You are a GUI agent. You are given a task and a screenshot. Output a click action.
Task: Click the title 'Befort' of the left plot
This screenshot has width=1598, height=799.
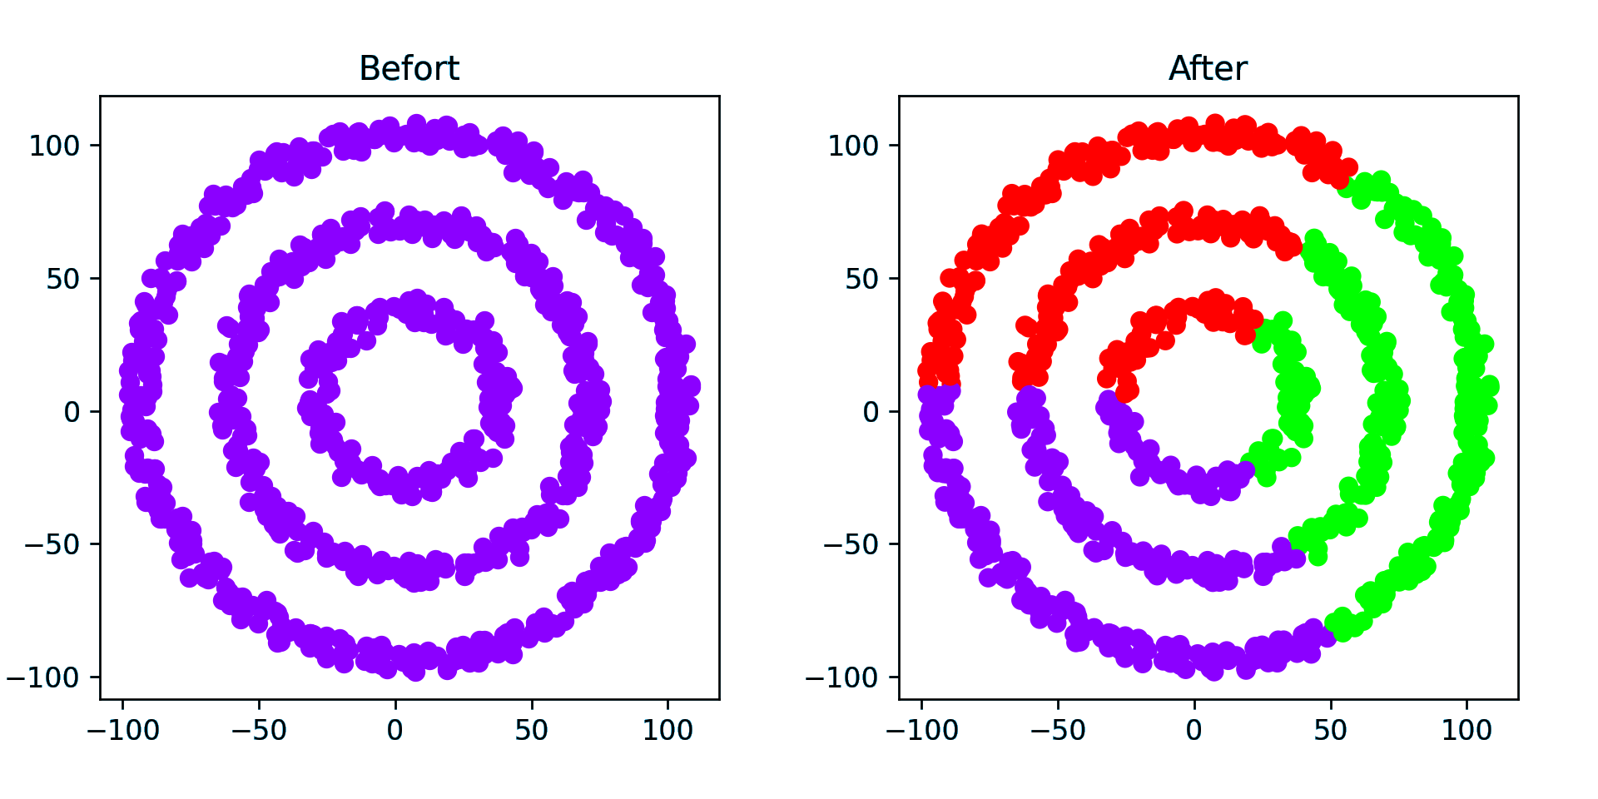pos(409,68)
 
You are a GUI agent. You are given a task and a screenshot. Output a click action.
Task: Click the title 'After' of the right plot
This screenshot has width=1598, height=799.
pos(1208,68)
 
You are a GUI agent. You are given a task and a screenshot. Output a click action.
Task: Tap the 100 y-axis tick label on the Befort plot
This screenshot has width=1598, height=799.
pos(54,146)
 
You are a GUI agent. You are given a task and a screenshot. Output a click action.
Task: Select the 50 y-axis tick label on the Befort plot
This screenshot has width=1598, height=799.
pos(62,279)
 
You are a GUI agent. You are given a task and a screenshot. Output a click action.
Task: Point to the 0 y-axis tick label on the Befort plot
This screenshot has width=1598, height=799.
pos(72,412)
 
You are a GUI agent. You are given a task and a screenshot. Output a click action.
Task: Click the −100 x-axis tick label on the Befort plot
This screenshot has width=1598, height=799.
pos(123,731)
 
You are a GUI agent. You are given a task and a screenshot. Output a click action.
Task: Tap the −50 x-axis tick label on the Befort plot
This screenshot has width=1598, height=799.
pos(259,731)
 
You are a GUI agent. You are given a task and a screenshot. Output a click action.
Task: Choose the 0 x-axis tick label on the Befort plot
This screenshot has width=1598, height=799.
pos(395,731)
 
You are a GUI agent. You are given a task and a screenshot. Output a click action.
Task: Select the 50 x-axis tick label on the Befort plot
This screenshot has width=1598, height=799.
pos(531,731)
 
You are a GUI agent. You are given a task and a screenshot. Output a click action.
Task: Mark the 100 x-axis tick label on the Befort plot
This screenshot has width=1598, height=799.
pos(667,731)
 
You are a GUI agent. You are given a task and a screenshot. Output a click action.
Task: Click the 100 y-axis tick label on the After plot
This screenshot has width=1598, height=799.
pos(853,146)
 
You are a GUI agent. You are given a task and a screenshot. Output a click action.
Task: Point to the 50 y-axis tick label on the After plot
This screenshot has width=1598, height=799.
pos(861,279)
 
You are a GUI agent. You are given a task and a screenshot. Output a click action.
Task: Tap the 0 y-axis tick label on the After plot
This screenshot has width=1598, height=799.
pos(871,412)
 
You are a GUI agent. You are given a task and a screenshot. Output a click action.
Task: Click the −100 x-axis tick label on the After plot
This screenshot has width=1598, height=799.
pos(922,731)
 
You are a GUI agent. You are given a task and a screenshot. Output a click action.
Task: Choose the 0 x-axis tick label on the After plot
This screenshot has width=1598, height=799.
pos(1194,731)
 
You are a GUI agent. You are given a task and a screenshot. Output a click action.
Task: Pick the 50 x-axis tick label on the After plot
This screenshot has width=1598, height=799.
pos(1330,731)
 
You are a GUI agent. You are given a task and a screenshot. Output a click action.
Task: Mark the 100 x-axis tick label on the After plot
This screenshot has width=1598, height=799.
pos(1466,731)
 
